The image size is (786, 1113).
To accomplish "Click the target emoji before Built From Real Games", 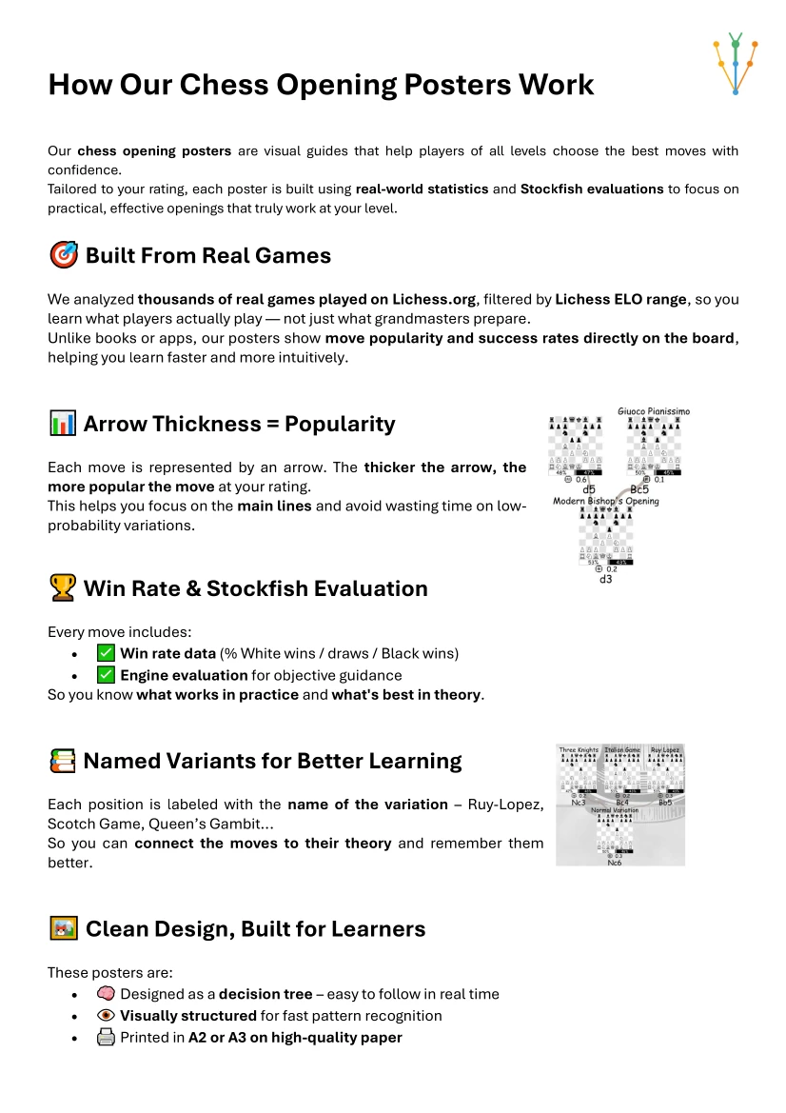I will coord(63,256).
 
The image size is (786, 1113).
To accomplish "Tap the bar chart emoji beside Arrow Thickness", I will coord(62,424).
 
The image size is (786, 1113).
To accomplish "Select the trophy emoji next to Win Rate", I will coord(62,588).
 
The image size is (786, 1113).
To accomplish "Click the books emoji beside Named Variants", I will coord(62,761).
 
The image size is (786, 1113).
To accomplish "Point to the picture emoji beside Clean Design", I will coord(63,928).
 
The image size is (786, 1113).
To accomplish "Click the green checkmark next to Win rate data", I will coord(106,653).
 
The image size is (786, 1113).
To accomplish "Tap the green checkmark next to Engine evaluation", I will coord(106,675).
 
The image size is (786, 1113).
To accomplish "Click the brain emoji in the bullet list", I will coord(107,994).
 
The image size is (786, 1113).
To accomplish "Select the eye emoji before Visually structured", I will coord(107,1016).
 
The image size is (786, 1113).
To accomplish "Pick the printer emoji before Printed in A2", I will coord(107,1038).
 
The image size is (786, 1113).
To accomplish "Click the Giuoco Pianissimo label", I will coord(654,411).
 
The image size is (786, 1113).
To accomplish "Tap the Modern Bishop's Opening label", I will coord(605,501).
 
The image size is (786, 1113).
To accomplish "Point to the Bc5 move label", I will coord(639,489).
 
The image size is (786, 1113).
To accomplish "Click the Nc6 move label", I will coord(616,862).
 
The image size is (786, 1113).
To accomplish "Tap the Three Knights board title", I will coord(579,750).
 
